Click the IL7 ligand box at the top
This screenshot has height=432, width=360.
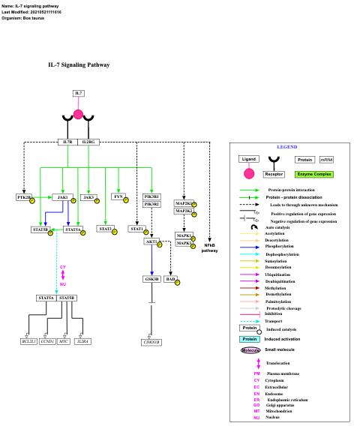[x=79, y=93]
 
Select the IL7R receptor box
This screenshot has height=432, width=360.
[x=67, y=141]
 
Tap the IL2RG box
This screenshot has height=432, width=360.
[x=88, y=141]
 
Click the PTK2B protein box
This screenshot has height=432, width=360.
[x=24, y=197]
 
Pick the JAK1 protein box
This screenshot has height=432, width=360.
[x=63, y=197]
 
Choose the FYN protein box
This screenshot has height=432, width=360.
[x=118, y=196]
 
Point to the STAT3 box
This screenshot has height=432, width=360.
[x=105, y=229]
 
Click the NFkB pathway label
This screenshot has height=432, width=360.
[x=209, y=247]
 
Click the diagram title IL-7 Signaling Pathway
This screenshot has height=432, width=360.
[x=79, y=65]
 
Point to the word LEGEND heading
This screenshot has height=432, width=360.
[x=287, y=146]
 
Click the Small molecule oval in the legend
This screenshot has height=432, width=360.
[x=250, y=349]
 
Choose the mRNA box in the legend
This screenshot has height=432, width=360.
[x=326, y=159]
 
